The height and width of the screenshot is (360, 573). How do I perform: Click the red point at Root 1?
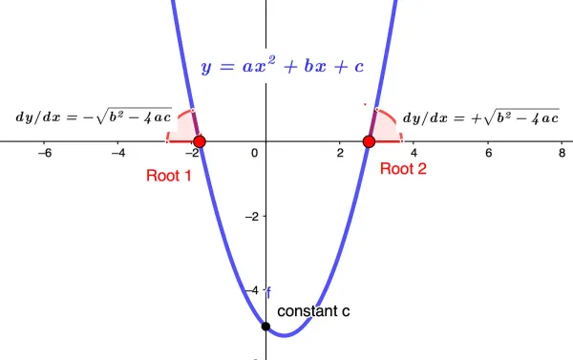coord(199,141)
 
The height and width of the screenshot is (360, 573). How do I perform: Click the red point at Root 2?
coord(369,141)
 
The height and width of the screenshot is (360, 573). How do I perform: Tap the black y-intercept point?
coord(265,327)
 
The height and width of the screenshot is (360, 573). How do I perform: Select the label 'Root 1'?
coord(169,175)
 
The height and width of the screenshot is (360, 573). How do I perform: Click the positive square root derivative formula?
coord(480,117)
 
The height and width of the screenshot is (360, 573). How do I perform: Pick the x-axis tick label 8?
coord(562,153)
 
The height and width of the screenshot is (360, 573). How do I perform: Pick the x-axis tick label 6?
coord(488,153)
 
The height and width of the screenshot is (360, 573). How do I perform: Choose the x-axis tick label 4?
coord(414,153)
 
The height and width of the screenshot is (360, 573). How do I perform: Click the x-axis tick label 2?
coord(339,153)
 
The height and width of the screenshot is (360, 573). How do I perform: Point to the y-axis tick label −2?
coord(252,217)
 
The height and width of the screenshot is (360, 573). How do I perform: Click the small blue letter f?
coord(269,291)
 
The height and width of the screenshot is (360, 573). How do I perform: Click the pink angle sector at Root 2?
coord(384,126)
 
